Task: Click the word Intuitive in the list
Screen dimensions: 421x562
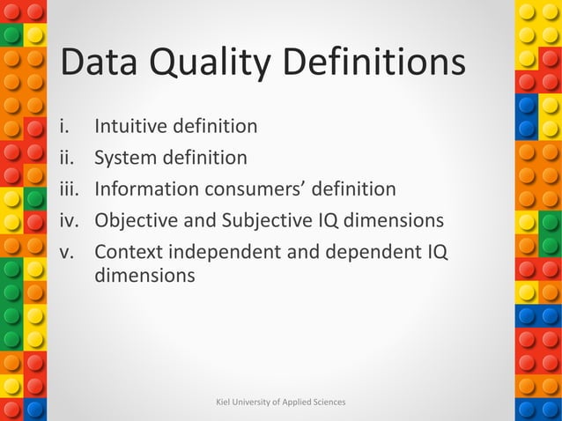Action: [130, 126]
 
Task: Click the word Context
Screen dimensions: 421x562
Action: [129, 252]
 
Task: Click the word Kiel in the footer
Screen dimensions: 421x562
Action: [224, 402]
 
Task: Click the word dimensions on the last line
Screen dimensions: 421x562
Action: [144, 275]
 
